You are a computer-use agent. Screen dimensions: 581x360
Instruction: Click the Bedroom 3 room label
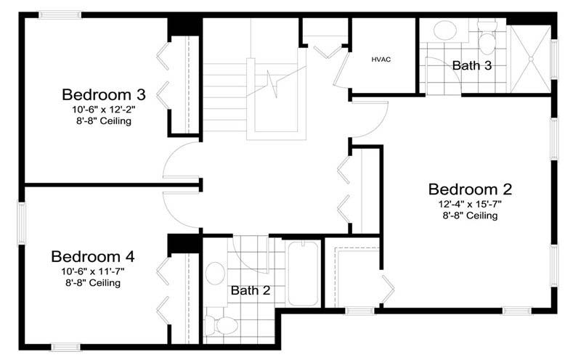pyautogui.click(x=104, y=95)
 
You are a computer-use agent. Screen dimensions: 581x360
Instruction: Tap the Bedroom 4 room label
pyautogui.click(x=93, y=257)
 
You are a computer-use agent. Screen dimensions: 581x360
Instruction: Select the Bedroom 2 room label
pyautogui.click(x=470, y=189)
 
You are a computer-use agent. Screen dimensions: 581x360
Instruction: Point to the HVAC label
pyautogui.click(x=381, y=60)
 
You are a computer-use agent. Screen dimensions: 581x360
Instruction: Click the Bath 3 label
pyautogui.click(x=471, y=65)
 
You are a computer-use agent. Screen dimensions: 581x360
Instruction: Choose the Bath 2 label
pyautogui.click(x=251, y=290)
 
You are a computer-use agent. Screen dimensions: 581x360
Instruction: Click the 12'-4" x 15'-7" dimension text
pyautogui.click(x=470, y=204)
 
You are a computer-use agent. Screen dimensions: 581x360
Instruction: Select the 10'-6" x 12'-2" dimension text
pyautogui.click(x=104, y=110)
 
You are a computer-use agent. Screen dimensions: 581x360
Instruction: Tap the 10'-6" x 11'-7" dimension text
pyautogui.click(x=93, y=271)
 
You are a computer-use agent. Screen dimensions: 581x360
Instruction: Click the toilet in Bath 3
pyautogui.click(x=487, y=38)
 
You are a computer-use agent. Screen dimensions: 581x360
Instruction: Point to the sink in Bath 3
pyautogui.click(x=445, y=30)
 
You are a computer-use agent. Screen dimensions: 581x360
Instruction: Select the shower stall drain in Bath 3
pyautogui.click(x=531, y=59)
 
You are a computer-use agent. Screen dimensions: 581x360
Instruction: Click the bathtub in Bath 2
pyautogui.click(x=304, y=274)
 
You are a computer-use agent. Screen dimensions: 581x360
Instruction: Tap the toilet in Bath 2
pyautogui.click(x=222, y=325)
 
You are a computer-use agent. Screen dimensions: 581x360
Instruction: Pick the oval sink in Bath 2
pyautogui.click(x=215, y=274)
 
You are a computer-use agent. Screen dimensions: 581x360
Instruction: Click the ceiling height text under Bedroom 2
pyautogui.click(x=470, y=216)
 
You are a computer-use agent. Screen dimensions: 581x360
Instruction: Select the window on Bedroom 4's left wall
pyautogui.click(x=22, y=224)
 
